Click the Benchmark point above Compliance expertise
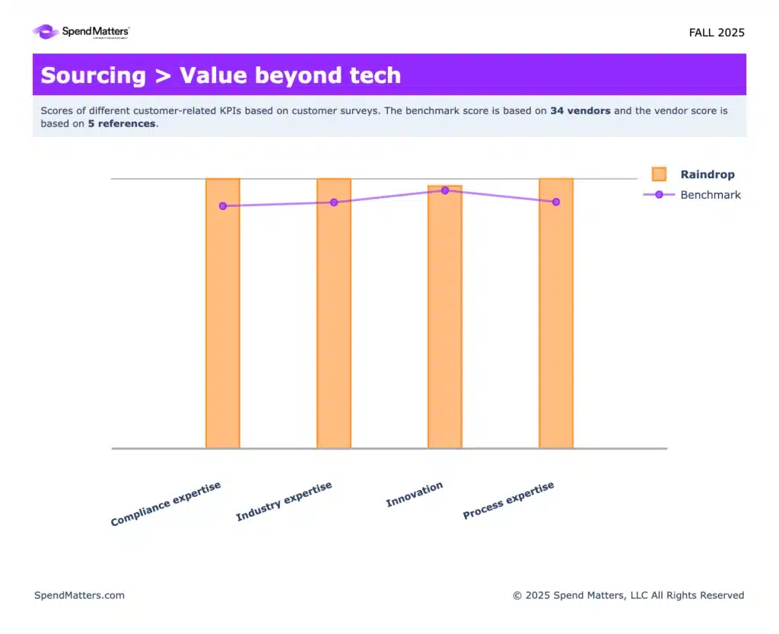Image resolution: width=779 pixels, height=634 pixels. [223, 205]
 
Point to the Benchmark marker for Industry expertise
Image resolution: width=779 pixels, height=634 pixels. [334, 202]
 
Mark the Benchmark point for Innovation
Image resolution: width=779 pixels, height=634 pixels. [445, 190]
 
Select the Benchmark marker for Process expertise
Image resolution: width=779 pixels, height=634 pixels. [556, 202]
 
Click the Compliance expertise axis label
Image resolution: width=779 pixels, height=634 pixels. [166, 504]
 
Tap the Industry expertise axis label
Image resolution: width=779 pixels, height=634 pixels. [284, 502]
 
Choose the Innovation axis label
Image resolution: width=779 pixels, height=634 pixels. [415, 495]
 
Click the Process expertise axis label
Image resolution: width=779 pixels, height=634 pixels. [509, 501]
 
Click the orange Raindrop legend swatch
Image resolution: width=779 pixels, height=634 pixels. [659, 174]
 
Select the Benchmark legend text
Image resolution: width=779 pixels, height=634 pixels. [711, 195]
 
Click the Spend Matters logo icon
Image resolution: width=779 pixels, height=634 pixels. [45, 32]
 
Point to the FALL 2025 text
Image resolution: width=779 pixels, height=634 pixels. [717, 33]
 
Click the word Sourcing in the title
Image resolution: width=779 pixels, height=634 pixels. [93, 75]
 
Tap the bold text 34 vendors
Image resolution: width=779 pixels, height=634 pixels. [580, 111]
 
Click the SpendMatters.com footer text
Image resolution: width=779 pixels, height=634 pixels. [79, 595]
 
